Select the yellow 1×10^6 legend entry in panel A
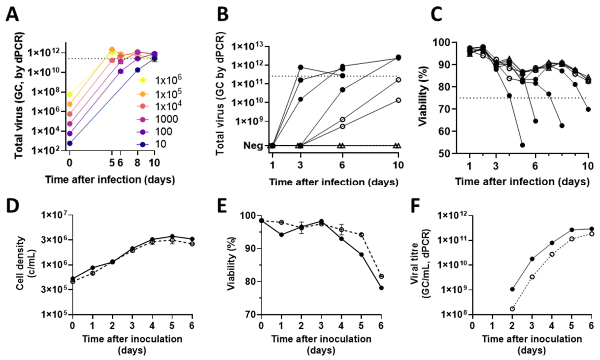point(159,80)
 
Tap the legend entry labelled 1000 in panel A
point(158,119)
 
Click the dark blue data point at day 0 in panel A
point(70,143)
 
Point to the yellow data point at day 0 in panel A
point(70,94)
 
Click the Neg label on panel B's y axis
point(253,145)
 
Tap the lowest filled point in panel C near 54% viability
point(522,145)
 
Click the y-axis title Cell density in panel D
point(20,263)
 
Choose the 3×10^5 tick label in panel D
point(56,290)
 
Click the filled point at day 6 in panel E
point(381,288)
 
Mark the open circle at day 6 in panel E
point(381,276)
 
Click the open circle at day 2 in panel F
point(512,309)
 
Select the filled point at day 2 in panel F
point(512,289)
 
